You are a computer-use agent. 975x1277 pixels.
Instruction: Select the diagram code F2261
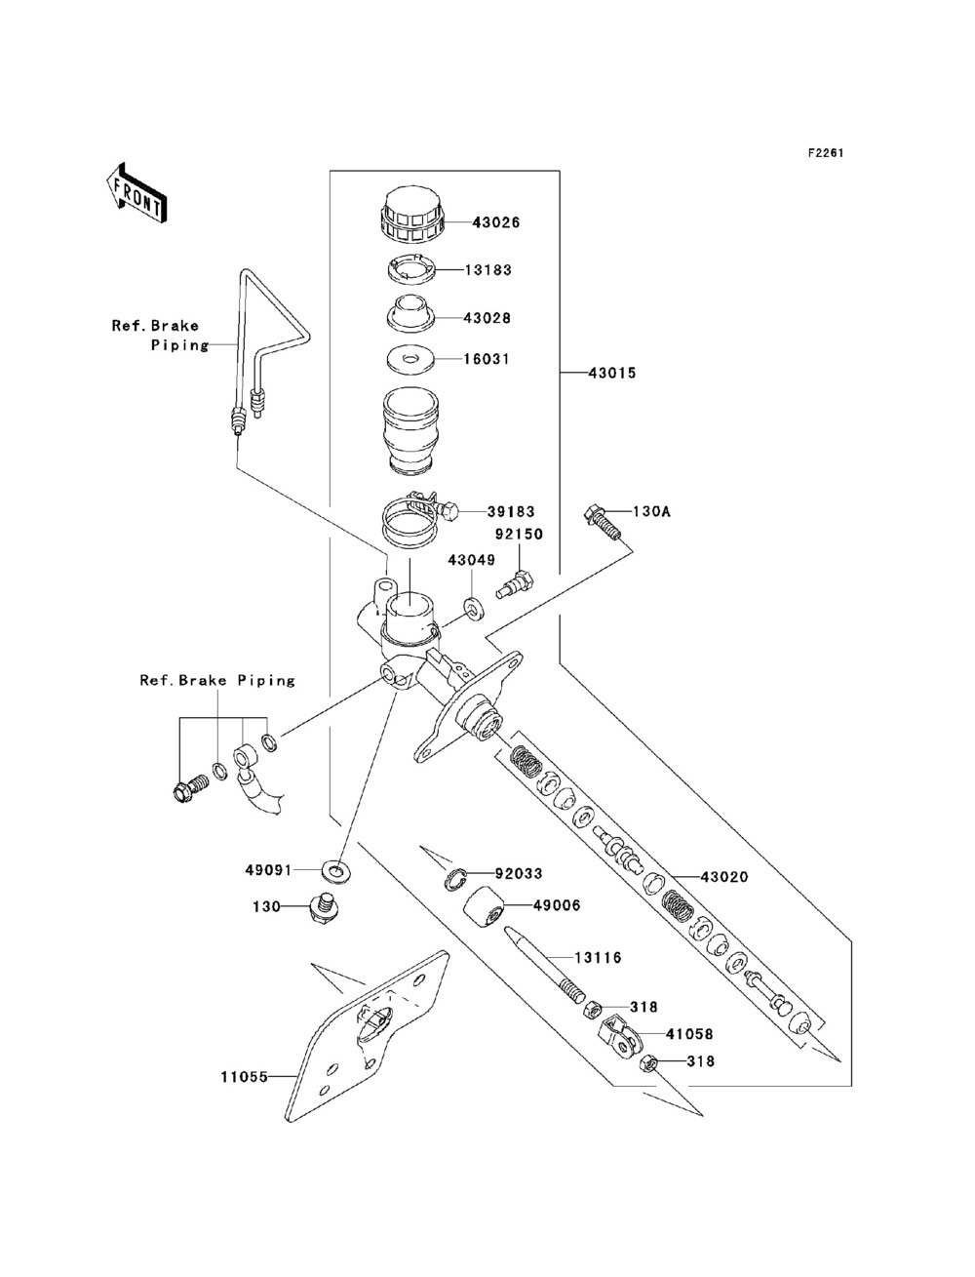(825, 153)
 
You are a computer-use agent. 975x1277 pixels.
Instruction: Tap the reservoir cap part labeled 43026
(412, 215)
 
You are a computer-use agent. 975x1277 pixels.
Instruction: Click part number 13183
(487, 270)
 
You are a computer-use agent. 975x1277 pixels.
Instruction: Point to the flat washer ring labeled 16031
(412, 360)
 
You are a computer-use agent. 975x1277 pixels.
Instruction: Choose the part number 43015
(612, 373)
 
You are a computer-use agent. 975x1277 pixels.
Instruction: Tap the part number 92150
(519, 534)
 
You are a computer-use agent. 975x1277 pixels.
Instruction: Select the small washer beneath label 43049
(475, 607)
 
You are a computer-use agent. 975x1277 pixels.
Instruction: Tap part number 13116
(599, 957)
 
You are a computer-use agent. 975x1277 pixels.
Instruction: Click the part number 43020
(723, 877)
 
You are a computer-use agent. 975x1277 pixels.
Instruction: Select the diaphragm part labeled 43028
(411, 315)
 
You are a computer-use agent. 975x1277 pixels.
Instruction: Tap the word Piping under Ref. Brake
(179, 345)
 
